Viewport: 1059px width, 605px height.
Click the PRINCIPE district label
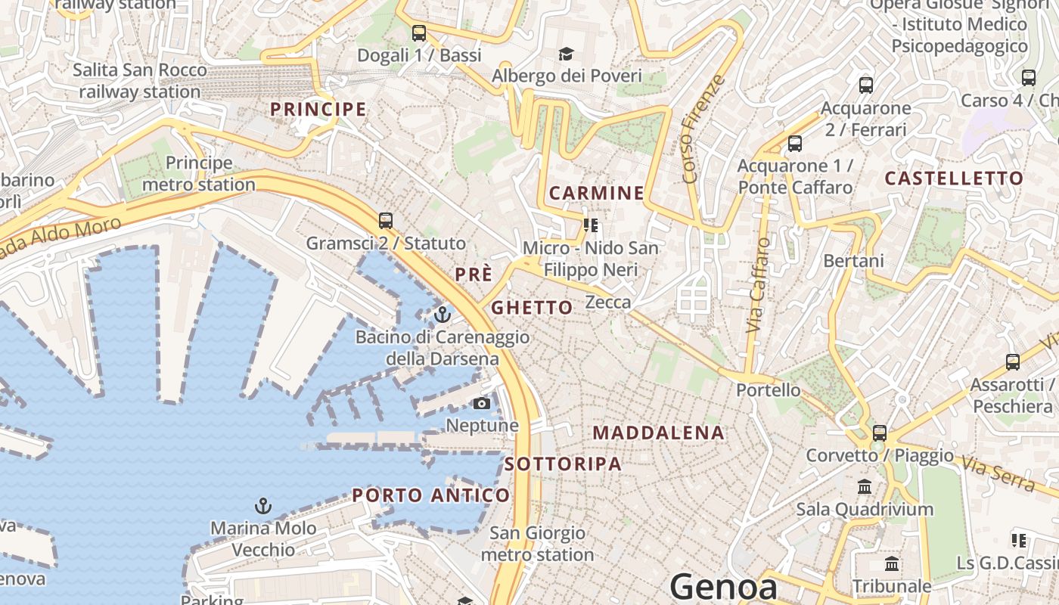[318, 109]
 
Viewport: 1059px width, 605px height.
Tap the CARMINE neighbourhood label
[597, 193]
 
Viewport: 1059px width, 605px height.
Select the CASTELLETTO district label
[954, 178]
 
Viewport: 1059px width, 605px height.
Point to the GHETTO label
[532, 307]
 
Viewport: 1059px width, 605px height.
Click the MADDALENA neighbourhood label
[659, 433]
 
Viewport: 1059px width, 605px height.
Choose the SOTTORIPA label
[563, 464]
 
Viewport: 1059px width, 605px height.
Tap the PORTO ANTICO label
[431, 495]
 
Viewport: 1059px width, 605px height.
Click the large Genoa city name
[724, 587]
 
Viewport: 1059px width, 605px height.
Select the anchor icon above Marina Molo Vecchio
[262, 505]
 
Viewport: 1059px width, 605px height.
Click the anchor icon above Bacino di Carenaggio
[443, 314]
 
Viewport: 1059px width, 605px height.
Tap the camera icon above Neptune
[481, 403]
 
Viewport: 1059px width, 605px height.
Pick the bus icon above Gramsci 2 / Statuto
[386, 220]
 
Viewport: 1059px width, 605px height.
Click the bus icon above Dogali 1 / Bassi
[418, 33]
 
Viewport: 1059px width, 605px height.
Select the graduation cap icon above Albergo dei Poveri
[566, 54]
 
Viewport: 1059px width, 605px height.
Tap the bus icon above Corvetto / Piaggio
[879, 433]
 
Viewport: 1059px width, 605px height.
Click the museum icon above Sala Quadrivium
[865, 486]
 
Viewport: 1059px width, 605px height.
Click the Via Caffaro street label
[757, 285]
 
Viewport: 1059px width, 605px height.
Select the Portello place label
[769, 389]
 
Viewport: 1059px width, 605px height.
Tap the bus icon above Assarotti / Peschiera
[1013, 362]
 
